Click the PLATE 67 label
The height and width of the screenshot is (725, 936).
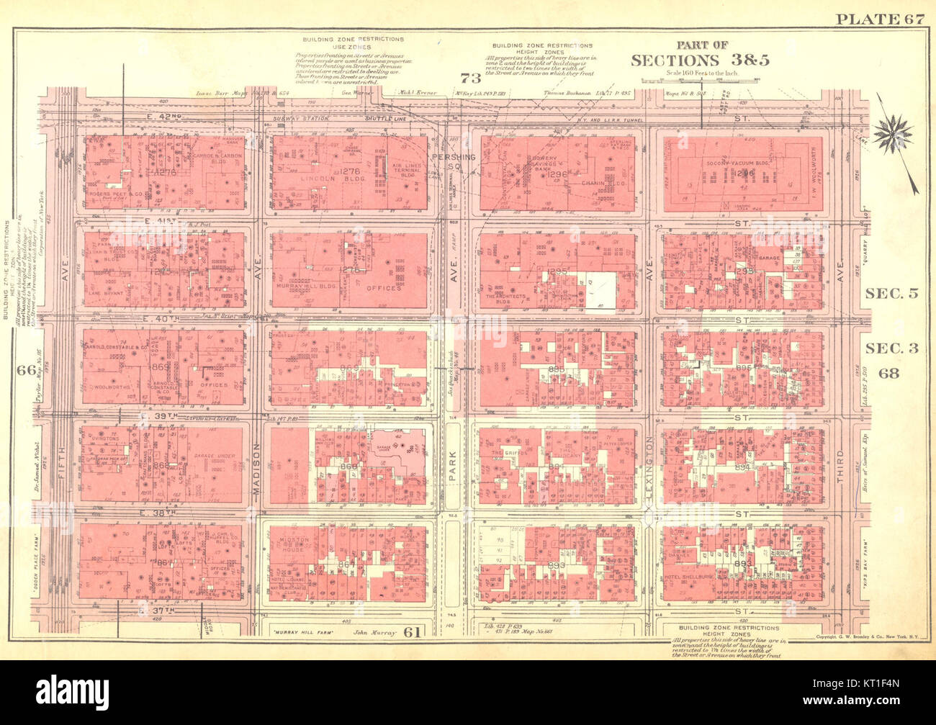click(878, 19)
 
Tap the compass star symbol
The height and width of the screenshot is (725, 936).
click(894, 134)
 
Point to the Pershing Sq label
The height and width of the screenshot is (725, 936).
click(450, 162)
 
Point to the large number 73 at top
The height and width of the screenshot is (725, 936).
click(470, 78)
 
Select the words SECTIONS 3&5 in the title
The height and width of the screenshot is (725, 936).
click(700, 60)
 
